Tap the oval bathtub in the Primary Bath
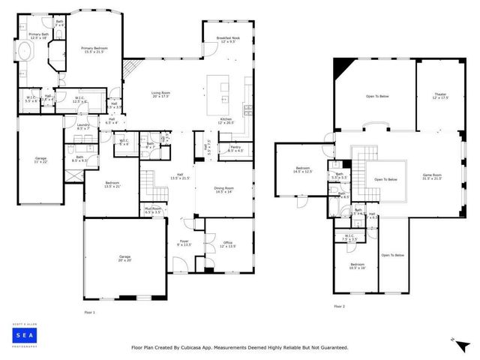(x=24, y=52)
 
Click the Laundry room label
(x=83, y=126)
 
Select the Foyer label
(x=184, y=243)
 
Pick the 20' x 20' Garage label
(x=124, y=259)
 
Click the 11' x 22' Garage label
(x=40, y=160)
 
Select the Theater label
(x=440, y=96)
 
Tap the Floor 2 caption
(x=339, y=306)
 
